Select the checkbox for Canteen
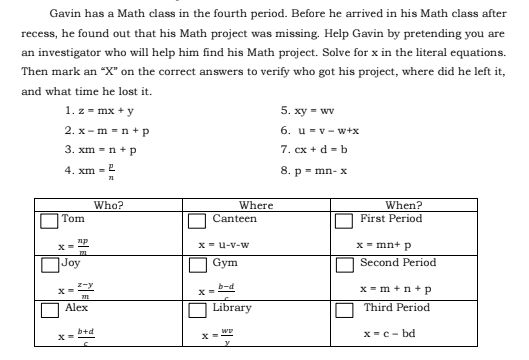point(197,219)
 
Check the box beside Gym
point(197,264)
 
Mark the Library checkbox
point(197,309)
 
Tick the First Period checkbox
point(345,219)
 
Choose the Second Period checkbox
point(345,264)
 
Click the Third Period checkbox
point(345,309)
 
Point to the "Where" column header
point(257,204)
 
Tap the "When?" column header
point(404,204)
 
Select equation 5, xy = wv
point(308,112)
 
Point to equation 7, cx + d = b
point(314,150)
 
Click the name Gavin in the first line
point(65,14)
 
